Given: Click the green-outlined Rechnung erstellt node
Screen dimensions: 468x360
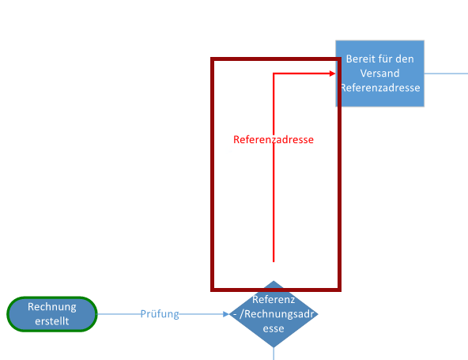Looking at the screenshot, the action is (x=52, y=314).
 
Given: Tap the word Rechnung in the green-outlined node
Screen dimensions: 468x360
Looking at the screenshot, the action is (x=52, y=307).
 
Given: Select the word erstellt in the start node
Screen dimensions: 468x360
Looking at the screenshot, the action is (x=52, y=321).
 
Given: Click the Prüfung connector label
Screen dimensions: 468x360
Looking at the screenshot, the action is (x=160, y=314).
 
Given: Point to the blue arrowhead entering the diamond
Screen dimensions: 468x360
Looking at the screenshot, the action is (x=226, y=314).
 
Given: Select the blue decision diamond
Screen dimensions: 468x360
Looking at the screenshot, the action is (x=274, y=314).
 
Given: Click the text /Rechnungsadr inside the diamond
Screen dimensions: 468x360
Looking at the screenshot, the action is (x=277, y=314).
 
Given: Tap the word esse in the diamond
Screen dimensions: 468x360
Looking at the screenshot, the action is (x=274, y=328).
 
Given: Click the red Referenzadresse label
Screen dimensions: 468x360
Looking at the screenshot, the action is (x=274, y=139).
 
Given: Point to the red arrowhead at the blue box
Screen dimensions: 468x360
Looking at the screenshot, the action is (x=332, y=74).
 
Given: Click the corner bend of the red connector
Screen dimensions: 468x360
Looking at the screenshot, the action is (x=274, y=74).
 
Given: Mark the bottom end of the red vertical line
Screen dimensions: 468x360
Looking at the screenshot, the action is (x=274, y=262).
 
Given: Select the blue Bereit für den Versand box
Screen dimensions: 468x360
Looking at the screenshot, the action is (x=379, y=74).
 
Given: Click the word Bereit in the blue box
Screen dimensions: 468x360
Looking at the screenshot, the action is (x=358, y=59).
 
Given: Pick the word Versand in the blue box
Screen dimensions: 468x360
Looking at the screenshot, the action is (x=379, y=74).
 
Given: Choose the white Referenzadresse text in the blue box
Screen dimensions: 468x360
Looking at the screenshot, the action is (x=380, y=88).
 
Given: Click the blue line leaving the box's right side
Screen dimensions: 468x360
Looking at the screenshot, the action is (x=446, y=74).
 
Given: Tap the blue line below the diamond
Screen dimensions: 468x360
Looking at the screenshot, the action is (x=274, y=354).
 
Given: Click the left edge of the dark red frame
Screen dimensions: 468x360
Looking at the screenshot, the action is (x=212, y=174).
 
